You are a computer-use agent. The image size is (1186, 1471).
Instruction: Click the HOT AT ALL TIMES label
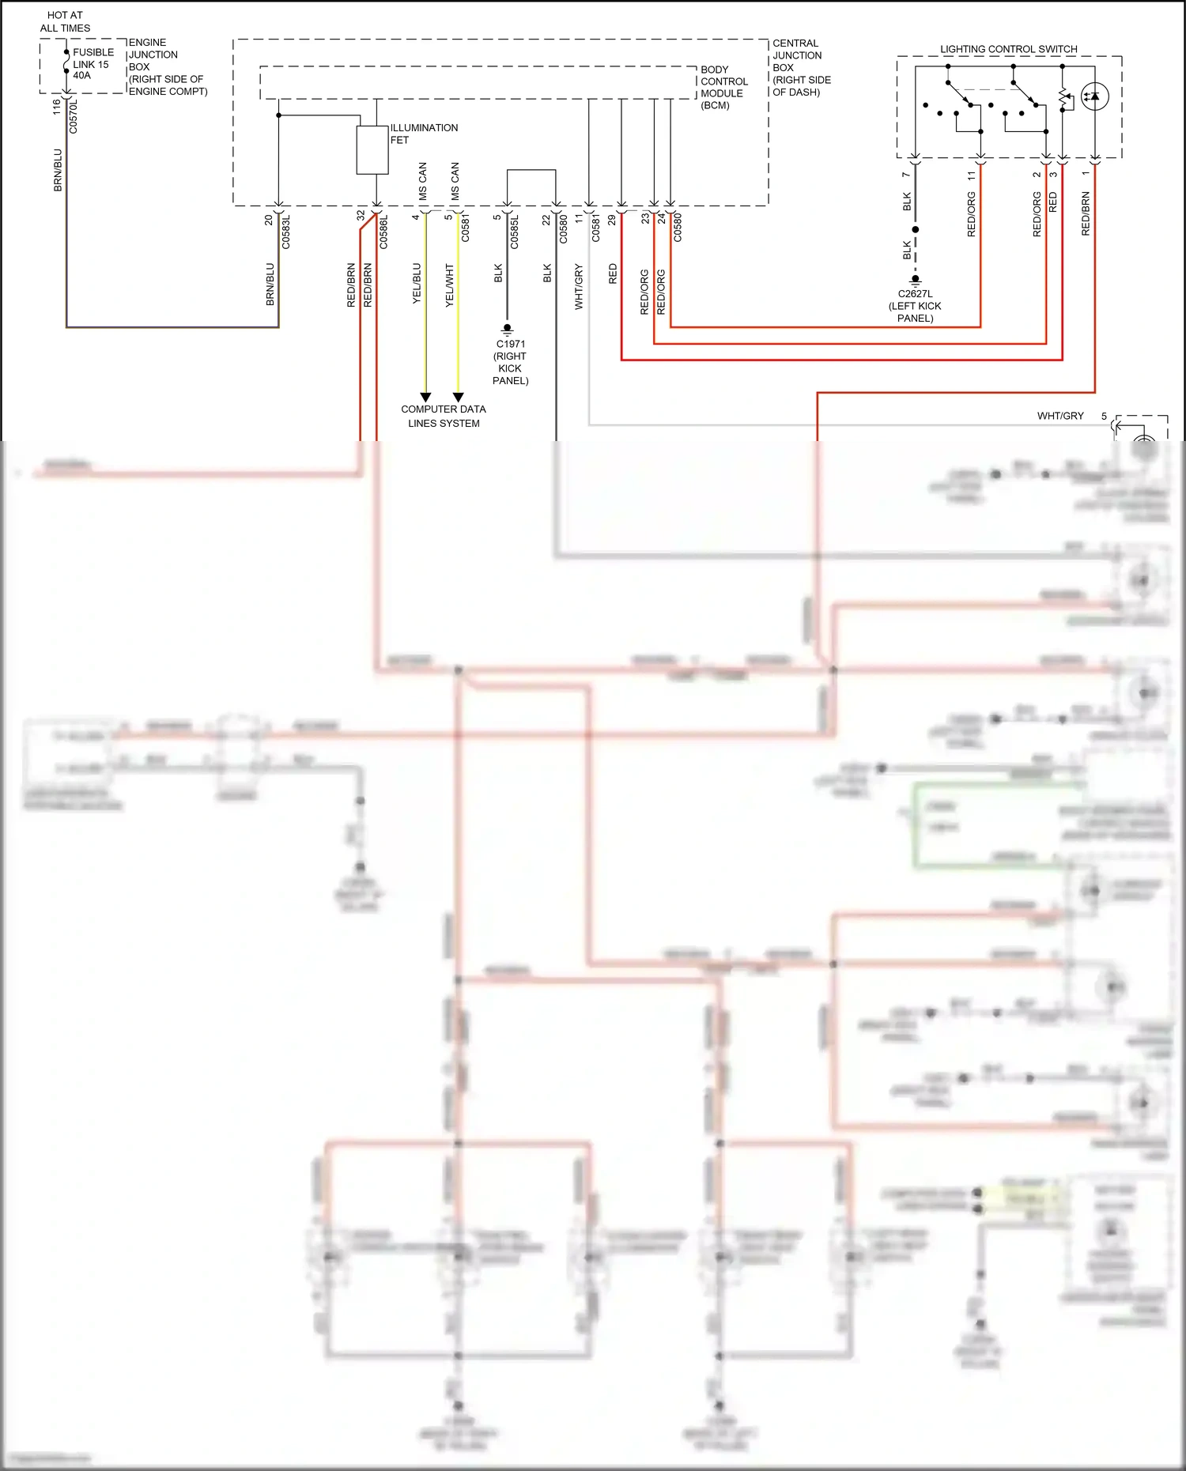[65, 21]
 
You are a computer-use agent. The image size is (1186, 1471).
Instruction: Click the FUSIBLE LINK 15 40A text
[92, 64]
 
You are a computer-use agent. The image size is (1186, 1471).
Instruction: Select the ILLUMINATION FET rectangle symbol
[372, 150]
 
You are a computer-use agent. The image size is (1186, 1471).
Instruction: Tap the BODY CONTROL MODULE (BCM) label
[723, 87]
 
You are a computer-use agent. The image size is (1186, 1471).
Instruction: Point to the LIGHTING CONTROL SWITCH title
[1008, 49]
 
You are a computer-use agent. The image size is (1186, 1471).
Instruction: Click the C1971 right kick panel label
[510, 362]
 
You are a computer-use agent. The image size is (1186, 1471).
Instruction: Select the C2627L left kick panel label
[915, 306]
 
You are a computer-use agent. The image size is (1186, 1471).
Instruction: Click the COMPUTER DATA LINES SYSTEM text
[444, 416]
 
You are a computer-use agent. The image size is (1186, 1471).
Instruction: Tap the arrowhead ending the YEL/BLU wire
[425, 397]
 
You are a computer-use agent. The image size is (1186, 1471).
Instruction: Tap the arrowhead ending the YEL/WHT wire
[458, 397]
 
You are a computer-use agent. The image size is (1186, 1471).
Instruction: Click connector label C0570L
[74, 115]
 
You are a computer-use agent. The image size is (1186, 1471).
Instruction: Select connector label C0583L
[286, 232]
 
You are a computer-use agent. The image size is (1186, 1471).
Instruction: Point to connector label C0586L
[383, 232]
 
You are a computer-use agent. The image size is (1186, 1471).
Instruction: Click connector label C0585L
[514, 232]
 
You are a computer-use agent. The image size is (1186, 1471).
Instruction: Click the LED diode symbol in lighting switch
[1094, 96]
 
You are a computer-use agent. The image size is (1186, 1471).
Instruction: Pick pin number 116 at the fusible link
[56, 107]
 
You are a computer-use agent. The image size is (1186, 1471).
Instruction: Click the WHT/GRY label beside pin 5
[1060, 416]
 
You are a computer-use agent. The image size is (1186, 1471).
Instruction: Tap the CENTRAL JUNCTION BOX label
[801, 67]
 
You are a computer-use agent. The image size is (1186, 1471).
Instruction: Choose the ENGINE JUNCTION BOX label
[167, 66]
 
